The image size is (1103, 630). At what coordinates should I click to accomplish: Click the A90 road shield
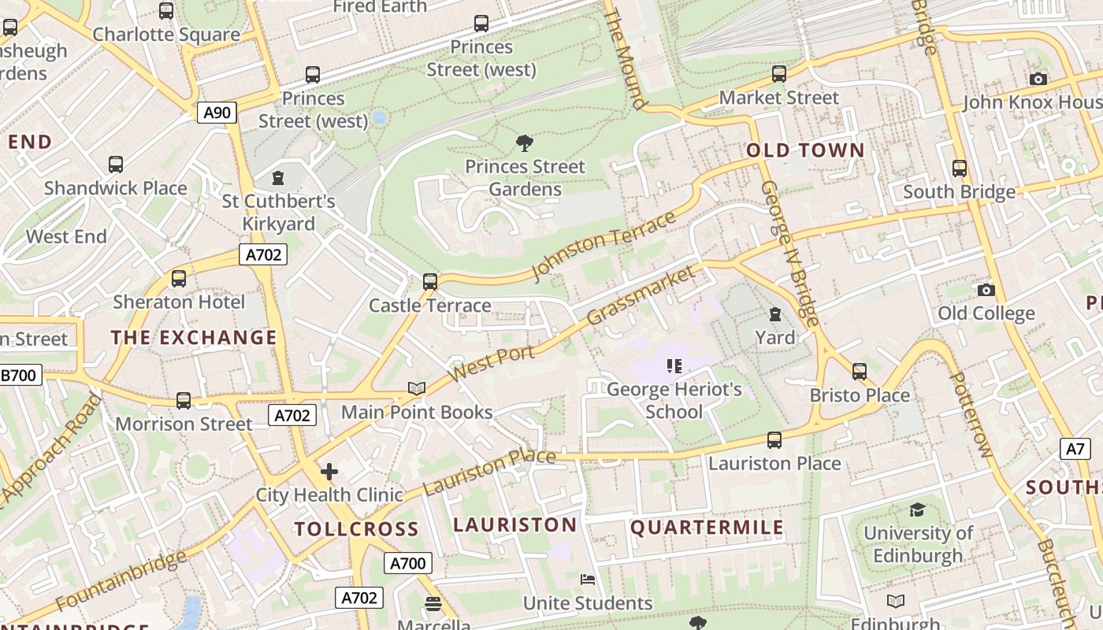tap(217, 113)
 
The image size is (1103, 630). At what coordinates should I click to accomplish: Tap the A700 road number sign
tap(408, 563)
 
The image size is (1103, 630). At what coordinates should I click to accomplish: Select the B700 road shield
tap(20, 375)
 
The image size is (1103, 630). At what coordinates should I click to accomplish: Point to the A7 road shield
tap(1076, 449)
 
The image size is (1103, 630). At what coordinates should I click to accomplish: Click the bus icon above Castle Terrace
tap(429, 281)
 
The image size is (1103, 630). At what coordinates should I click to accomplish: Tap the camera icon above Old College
tap(986, 290)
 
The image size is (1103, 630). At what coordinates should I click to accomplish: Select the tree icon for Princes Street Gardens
tap(524, 143)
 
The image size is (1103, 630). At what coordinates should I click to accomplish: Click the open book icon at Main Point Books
tap(417, 388)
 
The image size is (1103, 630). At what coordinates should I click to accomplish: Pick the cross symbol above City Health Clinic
tap(329, 472)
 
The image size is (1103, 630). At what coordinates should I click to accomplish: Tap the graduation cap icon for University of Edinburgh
tap(917, 510)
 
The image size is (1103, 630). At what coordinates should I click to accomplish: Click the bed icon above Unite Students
tap(588, 580)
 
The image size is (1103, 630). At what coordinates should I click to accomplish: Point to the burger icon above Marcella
tap(433, 603)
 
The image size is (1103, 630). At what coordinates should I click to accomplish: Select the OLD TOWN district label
tap(805, 150)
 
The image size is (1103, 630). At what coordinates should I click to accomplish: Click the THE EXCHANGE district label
tap(194, 338)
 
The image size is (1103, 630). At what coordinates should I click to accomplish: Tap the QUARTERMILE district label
tap(707, 528)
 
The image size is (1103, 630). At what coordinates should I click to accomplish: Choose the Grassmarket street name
tap(642, 295)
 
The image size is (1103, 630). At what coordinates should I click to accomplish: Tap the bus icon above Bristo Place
tap(859, 371)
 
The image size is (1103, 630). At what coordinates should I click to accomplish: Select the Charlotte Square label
tap(166, 35)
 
